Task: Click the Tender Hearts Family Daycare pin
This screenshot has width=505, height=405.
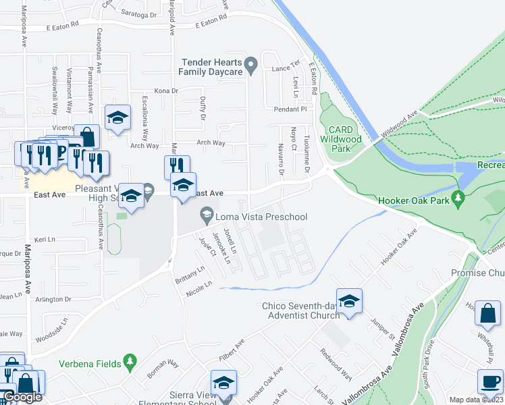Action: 251,66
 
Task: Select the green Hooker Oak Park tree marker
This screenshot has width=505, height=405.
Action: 459,200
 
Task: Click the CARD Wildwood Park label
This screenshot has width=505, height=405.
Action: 341,139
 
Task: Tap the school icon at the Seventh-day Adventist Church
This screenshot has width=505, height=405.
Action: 349,301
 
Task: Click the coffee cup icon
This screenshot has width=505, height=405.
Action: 489,381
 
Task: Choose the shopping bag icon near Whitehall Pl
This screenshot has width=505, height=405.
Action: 488,313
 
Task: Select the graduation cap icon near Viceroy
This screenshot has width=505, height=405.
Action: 117,118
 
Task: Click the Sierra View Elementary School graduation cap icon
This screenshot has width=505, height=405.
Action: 223,382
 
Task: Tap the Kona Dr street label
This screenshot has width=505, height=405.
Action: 165,90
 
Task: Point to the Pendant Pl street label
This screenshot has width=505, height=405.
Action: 290,109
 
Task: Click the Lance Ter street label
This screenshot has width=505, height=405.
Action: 285,68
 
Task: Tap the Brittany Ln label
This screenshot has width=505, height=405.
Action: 190,277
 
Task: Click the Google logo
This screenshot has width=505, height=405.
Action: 22,397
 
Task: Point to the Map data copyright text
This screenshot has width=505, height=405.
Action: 475,400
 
